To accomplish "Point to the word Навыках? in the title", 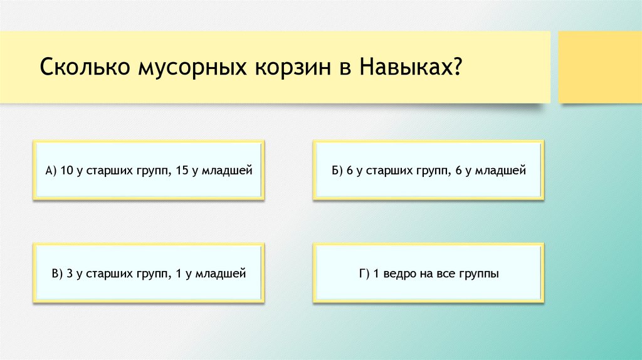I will pyautogui.click(x=411, y=67).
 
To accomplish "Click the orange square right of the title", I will pyautogui.click(x=600, y=67).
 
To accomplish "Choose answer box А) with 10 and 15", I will pyautogui.click(x=149, y=170).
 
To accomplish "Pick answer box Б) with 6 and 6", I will pyautogui.click(x=429, y=170).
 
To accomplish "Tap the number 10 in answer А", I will pyautogui.click(x=67, y=170).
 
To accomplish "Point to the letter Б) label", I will pyautogui.click(x=339, y=170).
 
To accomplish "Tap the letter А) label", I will pyautogui.click(x=51, y=170).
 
